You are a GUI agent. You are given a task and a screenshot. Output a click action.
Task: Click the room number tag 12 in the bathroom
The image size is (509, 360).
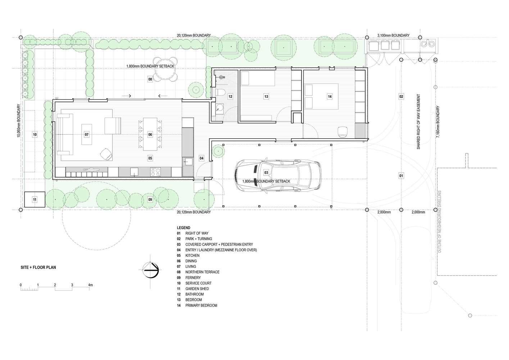pos(230,96)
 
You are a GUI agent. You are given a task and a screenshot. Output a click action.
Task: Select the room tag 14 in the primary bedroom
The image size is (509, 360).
pos(330,96)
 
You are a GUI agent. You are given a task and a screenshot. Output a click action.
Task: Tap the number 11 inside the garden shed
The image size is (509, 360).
pos(35,200)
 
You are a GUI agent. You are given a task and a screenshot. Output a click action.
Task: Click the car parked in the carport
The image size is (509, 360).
pos(278,175)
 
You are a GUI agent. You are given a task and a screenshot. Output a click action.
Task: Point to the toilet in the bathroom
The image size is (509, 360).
pos(220,92)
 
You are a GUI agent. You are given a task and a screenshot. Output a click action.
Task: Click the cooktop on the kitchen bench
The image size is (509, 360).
pos(155,172)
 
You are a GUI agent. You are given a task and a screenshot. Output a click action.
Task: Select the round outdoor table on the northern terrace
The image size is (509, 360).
pos(165,69)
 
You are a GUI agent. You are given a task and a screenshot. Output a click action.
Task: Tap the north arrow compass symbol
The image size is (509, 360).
pos(150,270)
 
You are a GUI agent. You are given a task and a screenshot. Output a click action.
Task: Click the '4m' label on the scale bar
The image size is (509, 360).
pos(90,285)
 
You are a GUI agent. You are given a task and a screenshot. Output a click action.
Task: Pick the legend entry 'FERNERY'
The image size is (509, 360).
pos(193,278)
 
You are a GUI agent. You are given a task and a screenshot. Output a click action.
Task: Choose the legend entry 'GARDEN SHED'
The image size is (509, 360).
pos(197,289)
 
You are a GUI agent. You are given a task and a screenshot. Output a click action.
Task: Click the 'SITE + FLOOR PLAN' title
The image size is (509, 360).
pos(38,267)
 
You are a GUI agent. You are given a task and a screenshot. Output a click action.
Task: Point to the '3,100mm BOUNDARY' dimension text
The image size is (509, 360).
pos(393,36)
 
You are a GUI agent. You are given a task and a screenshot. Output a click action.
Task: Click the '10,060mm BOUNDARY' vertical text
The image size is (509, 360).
pos(19,121)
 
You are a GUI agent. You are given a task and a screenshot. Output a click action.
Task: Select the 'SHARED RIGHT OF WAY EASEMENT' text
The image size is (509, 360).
pos(418,122)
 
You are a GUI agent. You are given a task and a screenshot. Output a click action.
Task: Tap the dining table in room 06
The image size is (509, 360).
pos(150,134)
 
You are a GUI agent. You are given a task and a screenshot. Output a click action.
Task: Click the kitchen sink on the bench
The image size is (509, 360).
pos(134,172)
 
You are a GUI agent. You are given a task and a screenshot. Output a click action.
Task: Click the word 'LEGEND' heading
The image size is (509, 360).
pos(183,228)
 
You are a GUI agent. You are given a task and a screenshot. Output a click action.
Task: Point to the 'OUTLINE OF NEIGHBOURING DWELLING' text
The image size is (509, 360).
pos(440,222)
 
